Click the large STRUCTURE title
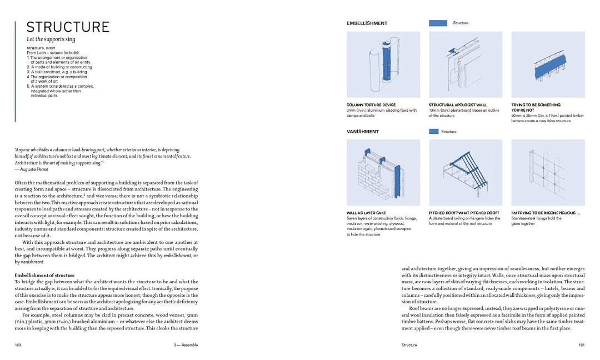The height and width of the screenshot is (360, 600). pos(68,27)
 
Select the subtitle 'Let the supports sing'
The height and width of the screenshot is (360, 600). pos(51,39)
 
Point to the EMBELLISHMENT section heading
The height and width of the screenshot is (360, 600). pos(367,23)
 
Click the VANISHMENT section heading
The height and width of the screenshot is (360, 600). pos(362,132)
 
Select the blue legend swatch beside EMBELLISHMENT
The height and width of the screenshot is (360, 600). pos(438,23)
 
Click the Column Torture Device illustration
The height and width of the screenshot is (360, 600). pos(382,64)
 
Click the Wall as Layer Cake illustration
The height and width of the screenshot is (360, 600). pos(382,172)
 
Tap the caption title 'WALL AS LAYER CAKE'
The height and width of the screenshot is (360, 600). pos(367,213)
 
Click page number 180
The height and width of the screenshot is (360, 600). pos(18,345)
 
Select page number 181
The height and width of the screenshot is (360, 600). pos(581,345)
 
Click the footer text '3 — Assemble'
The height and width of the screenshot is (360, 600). pos(186,345)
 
